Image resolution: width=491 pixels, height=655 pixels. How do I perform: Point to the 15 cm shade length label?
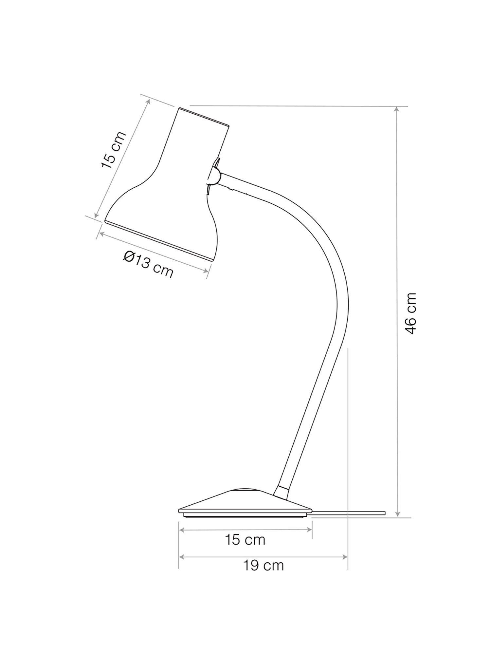pos(113,150)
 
